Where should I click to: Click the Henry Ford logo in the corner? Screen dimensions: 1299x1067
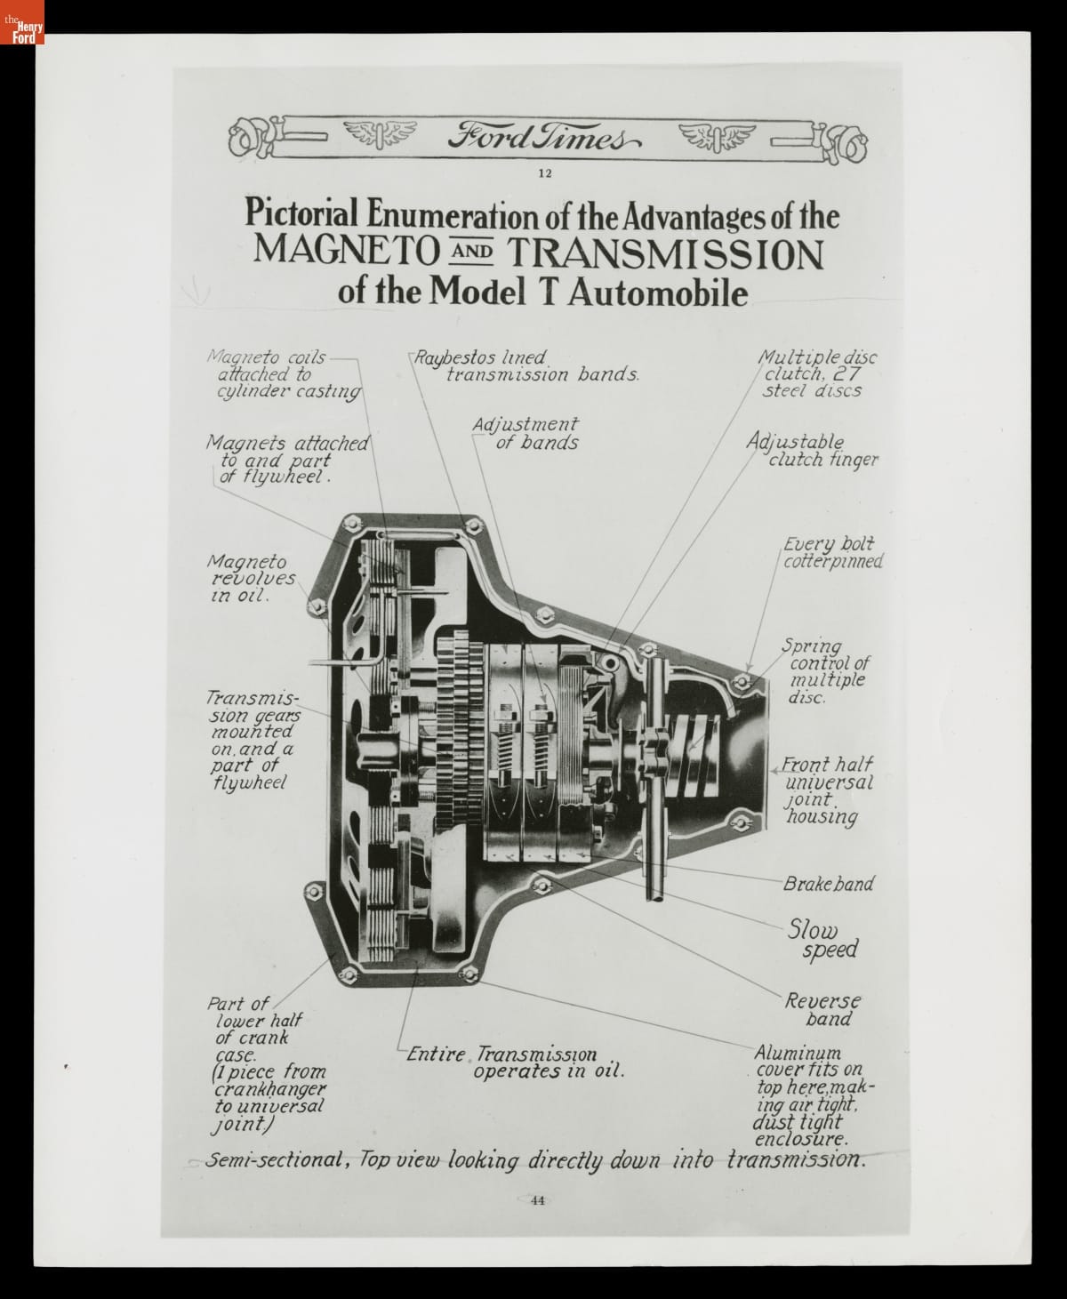coord(22,22)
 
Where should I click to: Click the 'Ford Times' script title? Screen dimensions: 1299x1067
coord(543,139)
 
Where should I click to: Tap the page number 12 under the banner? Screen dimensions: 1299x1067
coord(545,173)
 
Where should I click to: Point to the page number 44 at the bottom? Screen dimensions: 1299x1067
coord(537,1200)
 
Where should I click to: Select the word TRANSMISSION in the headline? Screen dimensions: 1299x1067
coord(666,253)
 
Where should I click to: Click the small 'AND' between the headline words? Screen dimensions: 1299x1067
coord(471,252)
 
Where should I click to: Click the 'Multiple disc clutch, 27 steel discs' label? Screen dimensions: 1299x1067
coord(814,373)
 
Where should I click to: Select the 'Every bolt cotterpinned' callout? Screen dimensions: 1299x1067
coord(834,552)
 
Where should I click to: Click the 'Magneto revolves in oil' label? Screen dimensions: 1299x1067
coord(251,579)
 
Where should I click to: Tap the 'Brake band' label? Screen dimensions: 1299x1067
coord(828,884)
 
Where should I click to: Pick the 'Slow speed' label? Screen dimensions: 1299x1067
coord(822,940)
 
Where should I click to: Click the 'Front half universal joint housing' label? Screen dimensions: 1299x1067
coord(828,790)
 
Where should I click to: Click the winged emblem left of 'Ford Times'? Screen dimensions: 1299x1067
coord(373,135)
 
